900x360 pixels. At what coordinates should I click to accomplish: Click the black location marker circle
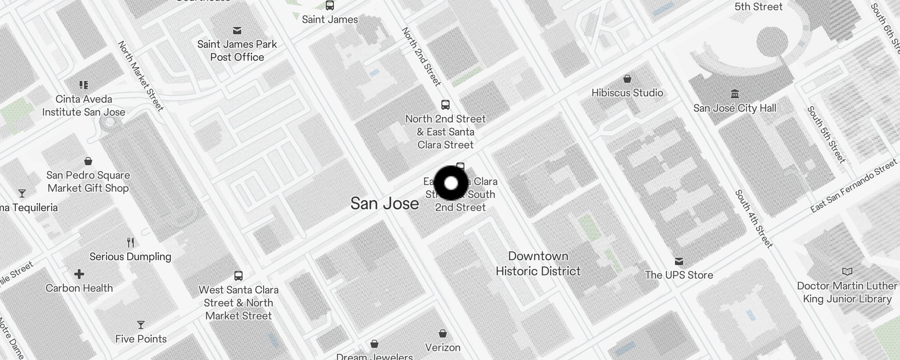point(451,183)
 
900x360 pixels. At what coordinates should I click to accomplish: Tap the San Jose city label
point(384,203)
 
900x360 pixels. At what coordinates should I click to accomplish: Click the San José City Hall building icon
point(735,94)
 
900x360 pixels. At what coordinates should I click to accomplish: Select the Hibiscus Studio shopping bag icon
point(627,79)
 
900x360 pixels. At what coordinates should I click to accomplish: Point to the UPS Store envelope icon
point(679,261)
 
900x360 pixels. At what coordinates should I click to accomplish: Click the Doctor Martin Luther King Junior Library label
point(847,292)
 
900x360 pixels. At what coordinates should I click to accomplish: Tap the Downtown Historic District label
point(538,263)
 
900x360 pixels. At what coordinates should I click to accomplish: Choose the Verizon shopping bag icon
point(443,333)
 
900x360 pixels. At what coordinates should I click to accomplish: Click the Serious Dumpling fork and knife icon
point(130,243)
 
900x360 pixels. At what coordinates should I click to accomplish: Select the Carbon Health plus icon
point(79,274)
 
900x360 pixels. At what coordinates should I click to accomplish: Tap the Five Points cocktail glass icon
point(141,325)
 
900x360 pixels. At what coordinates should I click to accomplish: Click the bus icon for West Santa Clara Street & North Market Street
point(238,275)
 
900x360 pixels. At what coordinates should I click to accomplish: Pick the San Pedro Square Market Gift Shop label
point(88,181)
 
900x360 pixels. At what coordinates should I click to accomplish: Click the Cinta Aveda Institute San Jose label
point(84,105)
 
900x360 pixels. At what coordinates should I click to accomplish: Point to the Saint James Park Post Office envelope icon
point(237,31)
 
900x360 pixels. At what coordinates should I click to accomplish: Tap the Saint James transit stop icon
point(330,6)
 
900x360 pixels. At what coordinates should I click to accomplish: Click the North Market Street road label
point(140,76)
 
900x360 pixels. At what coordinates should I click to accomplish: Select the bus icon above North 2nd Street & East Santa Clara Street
point(445,105)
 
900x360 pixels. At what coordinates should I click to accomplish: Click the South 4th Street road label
point(754,219)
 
